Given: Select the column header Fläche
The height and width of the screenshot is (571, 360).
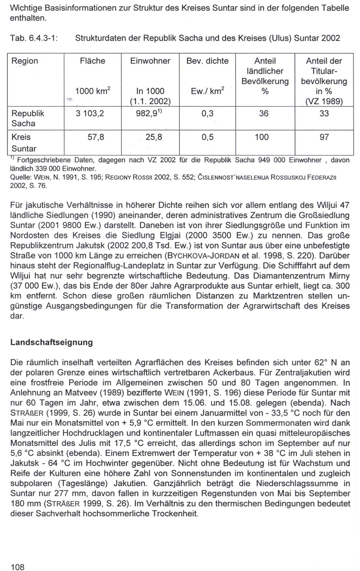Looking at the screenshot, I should [x=93, y=61].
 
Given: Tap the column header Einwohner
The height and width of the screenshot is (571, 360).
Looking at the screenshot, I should [x=150, y=61].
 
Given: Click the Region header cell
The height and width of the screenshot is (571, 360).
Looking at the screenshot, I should [x=25, y=61].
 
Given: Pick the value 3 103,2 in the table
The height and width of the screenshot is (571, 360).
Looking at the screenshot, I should [x=90, y=114].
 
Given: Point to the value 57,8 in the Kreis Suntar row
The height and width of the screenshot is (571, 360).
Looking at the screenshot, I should [x=96, y=137].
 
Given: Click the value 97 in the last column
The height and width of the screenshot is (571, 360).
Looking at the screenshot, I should [x=324, y=137].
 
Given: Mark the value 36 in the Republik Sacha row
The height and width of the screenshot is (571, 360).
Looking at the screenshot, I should [x=264, y=114].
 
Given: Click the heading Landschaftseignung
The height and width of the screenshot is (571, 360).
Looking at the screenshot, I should [x=51, y=342].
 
